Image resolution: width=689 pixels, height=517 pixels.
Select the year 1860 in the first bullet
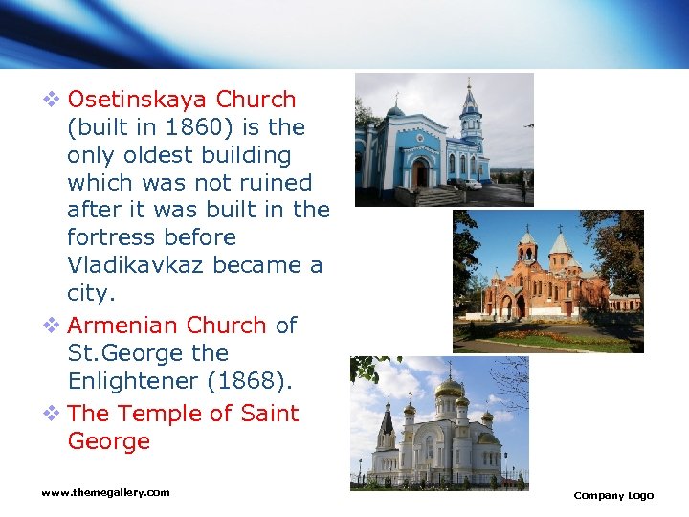click(x=193, y=127)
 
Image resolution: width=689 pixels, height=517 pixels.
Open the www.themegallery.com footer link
click(x=105, y=492)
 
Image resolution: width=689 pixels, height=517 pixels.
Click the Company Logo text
click(x=613, y=495)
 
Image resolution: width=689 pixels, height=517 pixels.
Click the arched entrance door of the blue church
click(x=420, y=172)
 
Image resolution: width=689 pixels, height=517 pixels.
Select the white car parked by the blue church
click(x=467, y=184)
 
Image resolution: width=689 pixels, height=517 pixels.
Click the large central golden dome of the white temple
click(x=449, y=389)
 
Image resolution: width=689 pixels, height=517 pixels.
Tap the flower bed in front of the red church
click(x=545, y=336)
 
